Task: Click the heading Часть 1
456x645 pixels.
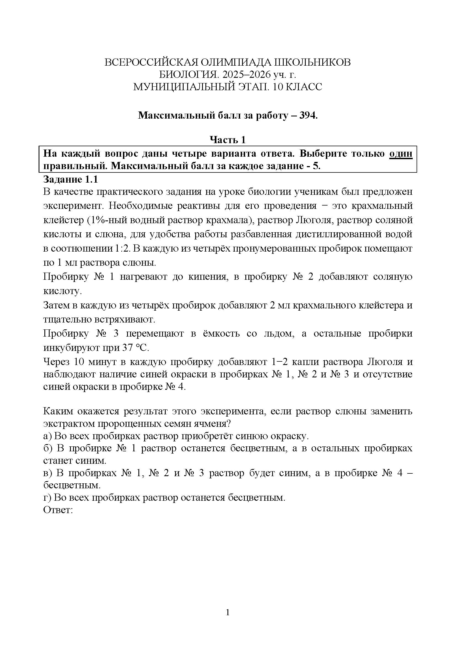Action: coord(228,140)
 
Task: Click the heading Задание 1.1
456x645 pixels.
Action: coord(71,179)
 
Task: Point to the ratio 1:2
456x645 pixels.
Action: coord(122,249)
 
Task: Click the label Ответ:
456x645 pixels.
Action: coord(58,510)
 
